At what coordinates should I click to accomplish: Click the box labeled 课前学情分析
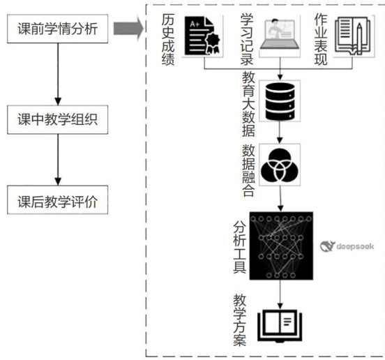point(57,29)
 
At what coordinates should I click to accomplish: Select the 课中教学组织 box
point(57,119)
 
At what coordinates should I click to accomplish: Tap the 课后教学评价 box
point(57,200)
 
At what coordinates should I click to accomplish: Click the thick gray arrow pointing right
point(128,29)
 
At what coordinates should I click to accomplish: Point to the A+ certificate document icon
point(202,36)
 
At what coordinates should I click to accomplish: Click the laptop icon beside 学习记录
point(280,35)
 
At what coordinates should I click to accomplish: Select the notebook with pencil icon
point(353,36)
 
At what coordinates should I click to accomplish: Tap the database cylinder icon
point(280,101)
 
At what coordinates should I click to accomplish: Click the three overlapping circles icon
point(280,165)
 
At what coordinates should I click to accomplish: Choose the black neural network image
point(281,246)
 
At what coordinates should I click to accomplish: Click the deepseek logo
point(347,246)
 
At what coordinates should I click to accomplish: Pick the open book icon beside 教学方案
point(280,326)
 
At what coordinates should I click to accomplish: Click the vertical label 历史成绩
point(168,40)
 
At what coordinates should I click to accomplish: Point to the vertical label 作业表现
point(321,40)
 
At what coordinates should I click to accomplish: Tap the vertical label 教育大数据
point(248,104)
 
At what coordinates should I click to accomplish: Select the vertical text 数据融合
point(248,170)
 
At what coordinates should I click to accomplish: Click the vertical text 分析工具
point(240,246)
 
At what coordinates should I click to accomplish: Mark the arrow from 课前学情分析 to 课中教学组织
point(58,74)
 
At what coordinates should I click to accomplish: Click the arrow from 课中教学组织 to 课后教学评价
point(58,160)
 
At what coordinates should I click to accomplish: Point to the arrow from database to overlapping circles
point(280,133)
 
